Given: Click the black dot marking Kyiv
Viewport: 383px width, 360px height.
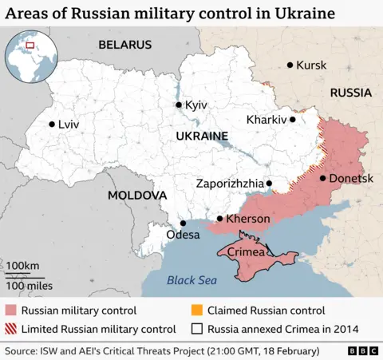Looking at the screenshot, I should point(179,105).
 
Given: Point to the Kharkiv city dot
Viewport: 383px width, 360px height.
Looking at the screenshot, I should point(293,120).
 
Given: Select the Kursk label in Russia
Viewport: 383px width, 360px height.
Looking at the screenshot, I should point(311,65).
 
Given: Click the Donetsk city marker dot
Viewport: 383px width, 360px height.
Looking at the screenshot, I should point(322,178).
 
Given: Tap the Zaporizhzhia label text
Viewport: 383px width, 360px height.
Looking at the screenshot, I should point(229,184).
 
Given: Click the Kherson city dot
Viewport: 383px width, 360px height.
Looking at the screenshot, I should point(220,219).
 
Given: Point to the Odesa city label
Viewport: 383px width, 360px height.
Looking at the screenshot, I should point(183,235).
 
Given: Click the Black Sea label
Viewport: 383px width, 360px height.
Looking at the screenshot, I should point(191,280).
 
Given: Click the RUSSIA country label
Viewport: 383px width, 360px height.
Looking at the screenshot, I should point(351,93).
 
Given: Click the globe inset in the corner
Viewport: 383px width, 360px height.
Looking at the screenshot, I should point(26,58).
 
